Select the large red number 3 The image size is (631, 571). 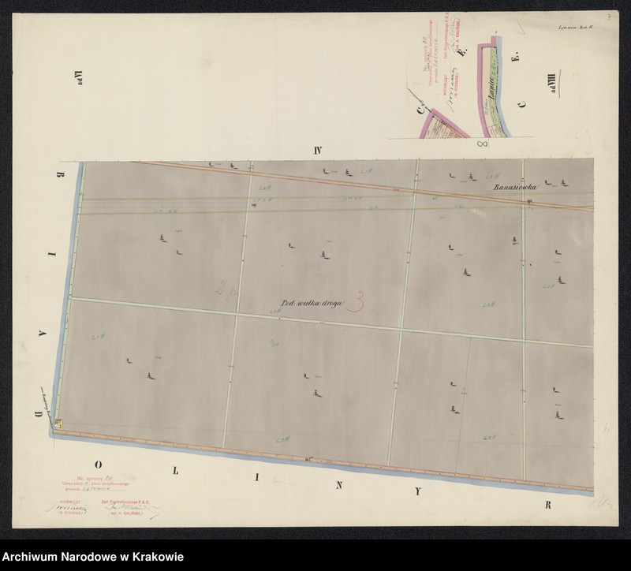[362, 300]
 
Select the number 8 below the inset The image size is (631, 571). [483, 145]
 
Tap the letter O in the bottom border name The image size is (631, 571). [98, 464]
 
